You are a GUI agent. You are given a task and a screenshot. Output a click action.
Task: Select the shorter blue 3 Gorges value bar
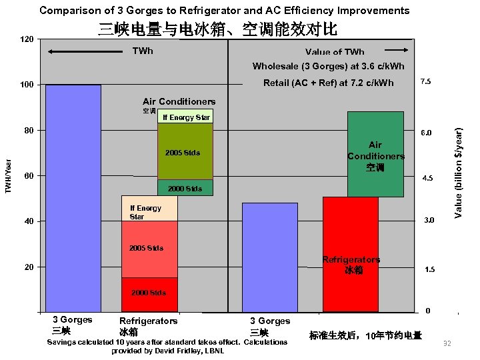click(x=269, y=257)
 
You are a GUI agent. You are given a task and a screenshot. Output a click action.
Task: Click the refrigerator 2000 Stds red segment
click(x=149, y=294)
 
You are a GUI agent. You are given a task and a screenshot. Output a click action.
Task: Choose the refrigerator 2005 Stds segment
click(x=149, y=249)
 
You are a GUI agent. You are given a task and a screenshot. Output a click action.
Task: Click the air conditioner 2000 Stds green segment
click(x=185, y=188)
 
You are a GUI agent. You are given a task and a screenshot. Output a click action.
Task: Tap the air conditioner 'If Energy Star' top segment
click(x=185, y=117)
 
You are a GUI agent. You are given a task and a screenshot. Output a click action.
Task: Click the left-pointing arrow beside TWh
click(x=73, y=51)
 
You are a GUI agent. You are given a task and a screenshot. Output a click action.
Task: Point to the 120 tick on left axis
click(x=27, y=40)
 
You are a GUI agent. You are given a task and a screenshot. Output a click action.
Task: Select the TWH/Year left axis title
click(x=8, y=177)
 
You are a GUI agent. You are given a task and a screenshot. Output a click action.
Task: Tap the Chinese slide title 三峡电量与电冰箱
click(x=217, y=29)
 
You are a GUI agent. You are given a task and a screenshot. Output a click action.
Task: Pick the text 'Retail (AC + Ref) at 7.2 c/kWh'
click(x=329, y=83)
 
